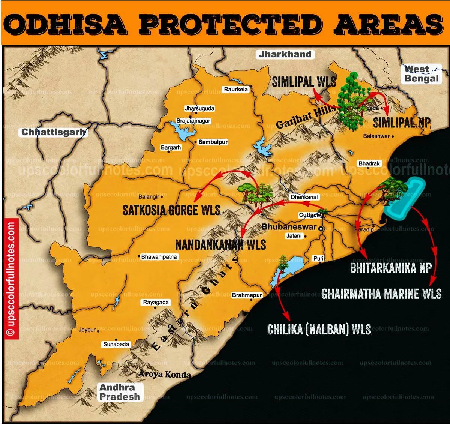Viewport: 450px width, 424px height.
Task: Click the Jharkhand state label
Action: pos(285,54)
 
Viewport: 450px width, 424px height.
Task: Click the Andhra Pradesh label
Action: pos(120,392)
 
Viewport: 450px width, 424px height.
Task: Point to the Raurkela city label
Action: pos(236,89)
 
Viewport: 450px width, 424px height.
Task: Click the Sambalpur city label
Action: pos(213,142)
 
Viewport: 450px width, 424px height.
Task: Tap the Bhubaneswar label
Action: pos(289,227)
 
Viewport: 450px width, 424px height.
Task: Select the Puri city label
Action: pos(318,258)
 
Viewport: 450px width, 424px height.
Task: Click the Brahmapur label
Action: pos(247,295)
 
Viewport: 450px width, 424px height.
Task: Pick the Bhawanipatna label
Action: pos(159,257)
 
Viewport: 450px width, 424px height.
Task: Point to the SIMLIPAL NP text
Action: pos(402,123)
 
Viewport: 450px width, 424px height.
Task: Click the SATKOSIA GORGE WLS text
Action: pos(171,210)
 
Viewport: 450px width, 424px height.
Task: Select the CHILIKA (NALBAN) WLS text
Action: pos(319,330)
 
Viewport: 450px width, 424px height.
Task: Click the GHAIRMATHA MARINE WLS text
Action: pos(381,294)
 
